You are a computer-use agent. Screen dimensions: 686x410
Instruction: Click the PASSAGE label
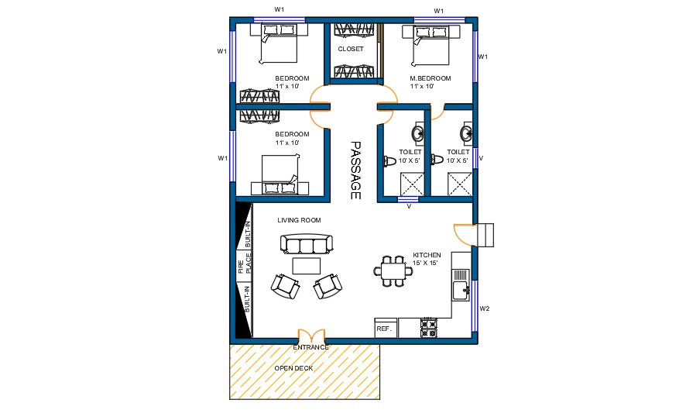point(355,170)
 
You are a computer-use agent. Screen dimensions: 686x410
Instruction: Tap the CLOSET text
point(351,49)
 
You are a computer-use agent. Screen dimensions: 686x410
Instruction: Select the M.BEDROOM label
point(430,78)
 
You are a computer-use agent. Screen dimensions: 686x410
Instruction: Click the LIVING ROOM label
point(299,220)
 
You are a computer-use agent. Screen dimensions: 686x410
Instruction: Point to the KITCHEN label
point(427,255)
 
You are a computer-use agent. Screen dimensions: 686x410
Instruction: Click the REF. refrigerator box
point(386,328)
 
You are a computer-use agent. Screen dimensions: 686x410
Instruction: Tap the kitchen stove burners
point(429,328)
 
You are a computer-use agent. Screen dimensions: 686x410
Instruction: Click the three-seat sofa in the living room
point(307,244)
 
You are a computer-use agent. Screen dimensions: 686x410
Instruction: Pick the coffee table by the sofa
point(307,266)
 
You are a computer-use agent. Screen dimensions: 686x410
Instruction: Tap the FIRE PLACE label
point(245,264)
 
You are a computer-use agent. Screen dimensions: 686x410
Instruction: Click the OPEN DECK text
point(294,368)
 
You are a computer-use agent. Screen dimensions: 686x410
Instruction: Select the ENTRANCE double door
point(311,336)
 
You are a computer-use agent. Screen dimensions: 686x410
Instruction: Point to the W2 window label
point(485,308)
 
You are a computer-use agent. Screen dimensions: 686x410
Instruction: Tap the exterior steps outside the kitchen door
point(485,235)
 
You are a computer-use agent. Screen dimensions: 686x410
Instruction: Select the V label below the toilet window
point(409,206)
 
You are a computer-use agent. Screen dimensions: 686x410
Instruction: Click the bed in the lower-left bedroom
point(280,174)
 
